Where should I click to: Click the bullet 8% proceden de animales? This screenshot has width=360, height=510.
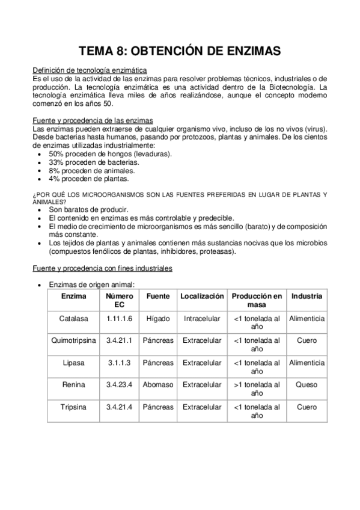(x=88, y=170)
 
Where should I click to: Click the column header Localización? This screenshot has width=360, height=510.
(x=202, y=296)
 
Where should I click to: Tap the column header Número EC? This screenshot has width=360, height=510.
(x=120, y=301)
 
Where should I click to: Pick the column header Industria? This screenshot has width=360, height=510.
(x=307, y=296)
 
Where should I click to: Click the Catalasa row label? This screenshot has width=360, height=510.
(x=73, y=318)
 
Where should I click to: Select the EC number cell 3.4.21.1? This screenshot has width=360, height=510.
(x=120, y=340)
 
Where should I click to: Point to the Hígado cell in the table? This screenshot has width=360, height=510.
(x=158, y=318)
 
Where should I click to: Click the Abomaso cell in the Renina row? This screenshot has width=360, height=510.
(x=158, y=385)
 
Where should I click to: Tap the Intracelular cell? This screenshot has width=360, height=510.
(x=202, y=318)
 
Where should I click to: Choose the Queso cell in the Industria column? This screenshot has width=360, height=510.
(x=307, y=385)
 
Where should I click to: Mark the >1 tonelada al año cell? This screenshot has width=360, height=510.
(x=257, y=389)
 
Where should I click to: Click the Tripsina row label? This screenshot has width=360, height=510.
(x=73, y=407)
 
